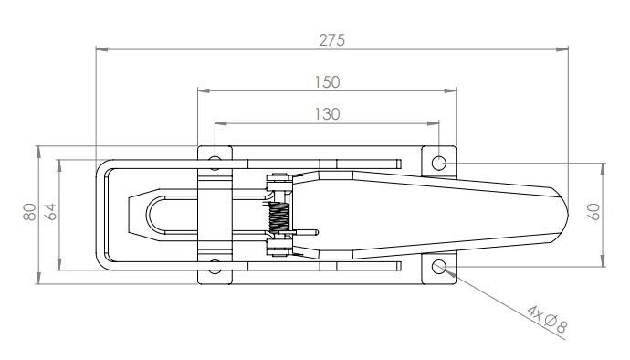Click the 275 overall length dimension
(x=331, y=39)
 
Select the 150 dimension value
(x=327, y=81)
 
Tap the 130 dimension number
(x=327, y=114)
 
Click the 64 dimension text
(x=51, y=213)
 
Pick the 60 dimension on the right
(x=593, y=214)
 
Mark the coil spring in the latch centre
(x=281, y=216)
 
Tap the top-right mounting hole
(x=439, y=163)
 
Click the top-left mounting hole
(x=215, y=164)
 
